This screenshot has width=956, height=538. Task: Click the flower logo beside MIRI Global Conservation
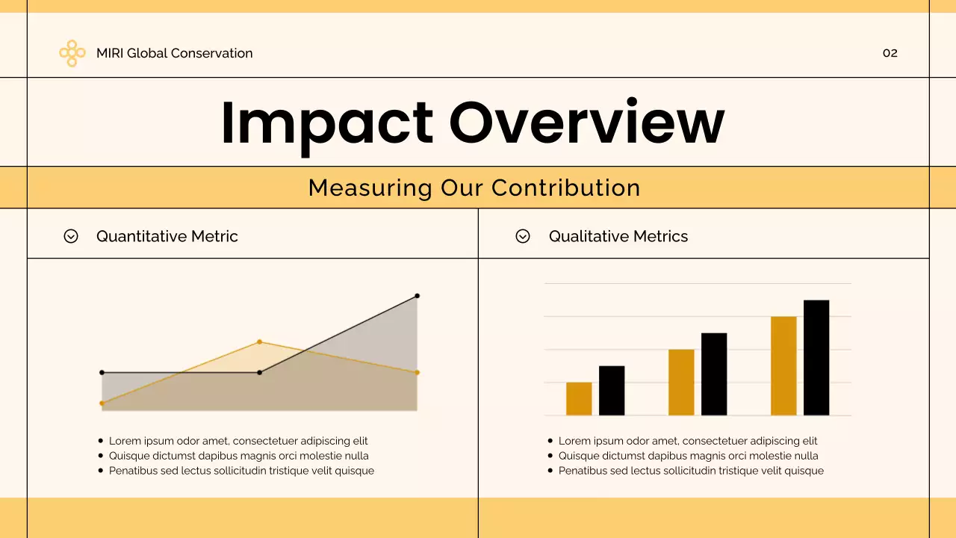(x=72, y=53)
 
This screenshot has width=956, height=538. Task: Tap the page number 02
(x=890, y=53)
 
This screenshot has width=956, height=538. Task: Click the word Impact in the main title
(x=326, y=122)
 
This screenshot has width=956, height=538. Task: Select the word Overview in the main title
(x=586, y=122)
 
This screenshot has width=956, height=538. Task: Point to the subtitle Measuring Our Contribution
(x=474, y=188)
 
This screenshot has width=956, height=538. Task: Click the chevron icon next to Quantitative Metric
(x=71, y=236)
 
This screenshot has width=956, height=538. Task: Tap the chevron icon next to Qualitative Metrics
(x=523, y=236)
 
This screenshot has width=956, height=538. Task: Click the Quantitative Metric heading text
(x=167, y=236)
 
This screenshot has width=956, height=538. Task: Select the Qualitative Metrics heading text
(x=618, y=236)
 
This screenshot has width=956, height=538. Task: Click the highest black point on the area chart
(x=417, y=296)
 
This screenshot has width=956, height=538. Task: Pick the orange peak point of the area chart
(x=259, y=342)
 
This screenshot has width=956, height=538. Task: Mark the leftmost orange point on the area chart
(x=102, y=403)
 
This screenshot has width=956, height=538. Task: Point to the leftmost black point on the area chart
(x=102, y=372)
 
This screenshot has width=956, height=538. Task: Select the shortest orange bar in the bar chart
(x=579, y=399)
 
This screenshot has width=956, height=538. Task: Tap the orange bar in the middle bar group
(x=681, y=383)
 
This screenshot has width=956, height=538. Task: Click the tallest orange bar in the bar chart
(x=783, y=366)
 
